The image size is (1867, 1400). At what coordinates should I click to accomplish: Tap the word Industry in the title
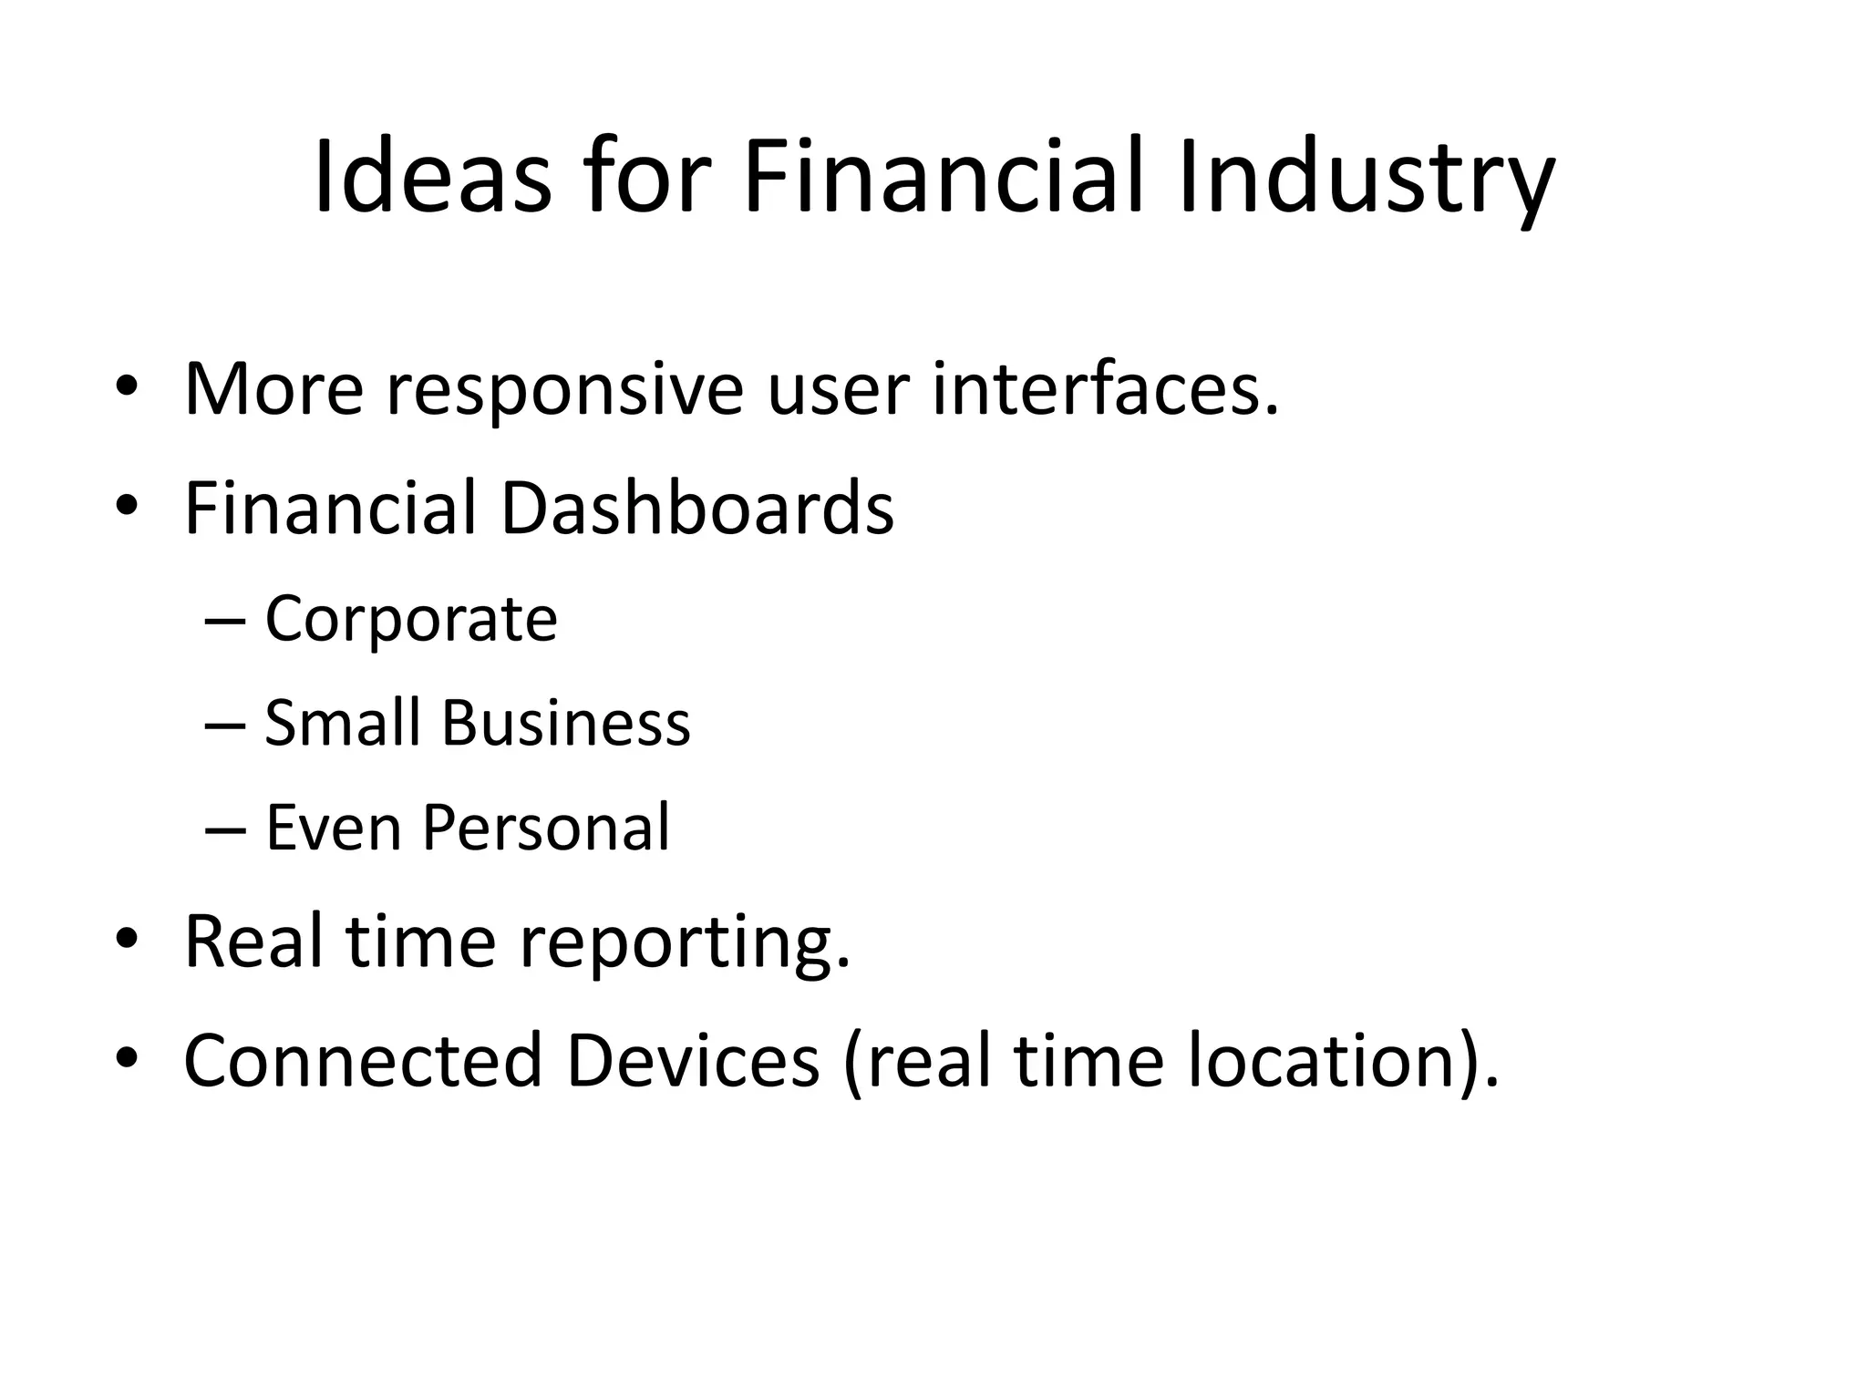coord(1365,178)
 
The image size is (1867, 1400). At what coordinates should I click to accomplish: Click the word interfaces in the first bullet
coord(1105,389)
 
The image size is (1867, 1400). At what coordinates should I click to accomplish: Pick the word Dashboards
coord(696,508)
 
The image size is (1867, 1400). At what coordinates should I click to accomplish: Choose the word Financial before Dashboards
coord(330,508)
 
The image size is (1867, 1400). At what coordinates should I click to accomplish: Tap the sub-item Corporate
coord(410,620)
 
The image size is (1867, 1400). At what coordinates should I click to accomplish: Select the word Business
coord(566,723)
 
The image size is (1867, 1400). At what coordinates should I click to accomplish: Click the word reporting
coord(684,944)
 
